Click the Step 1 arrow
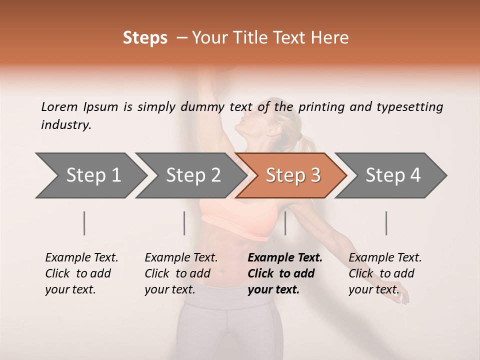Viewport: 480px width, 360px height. point(90,175)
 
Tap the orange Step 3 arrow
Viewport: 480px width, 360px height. point(292,175)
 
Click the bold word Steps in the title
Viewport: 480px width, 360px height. point(145,38)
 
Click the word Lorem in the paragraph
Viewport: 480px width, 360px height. point(58,106)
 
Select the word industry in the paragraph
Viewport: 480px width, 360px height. point(65,124)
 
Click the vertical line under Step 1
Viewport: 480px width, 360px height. point(84,223)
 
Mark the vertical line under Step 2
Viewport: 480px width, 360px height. point(184,223)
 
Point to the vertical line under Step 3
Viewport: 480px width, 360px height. point(285,223)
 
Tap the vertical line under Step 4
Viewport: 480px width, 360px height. point(386,223)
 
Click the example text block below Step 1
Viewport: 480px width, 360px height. point(81,273)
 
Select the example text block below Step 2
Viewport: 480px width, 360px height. point(180,273)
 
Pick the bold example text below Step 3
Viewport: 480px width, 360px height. point(284,273)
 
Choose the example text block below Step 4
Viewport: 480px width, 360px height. point(384,273)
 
